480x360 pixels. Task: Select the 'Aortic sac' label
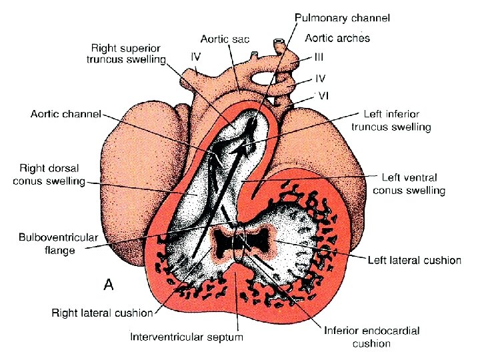point(225,39)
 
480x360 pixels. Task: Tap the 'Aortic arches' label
point(337,38)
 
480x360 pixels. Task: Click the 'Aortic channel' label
point(65,114)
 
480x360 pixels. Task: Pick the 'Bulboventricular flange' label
point(58,244)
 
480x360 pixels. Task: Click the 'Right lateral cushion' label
point(102,312)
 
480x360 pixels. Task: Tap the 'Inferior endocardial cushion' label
point(371,337)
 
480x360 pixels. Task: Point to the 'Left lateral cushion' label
point(414,259)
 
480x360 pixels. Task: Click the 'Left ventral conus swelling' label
point(409,184)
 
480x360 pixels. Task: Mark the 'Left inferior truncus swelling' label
point(397,121)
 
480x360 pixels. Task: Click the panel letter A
point(109,285)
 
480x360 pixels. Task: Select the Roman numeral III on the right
point(320,58)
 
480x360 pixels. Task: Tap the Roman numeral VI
point(322,95)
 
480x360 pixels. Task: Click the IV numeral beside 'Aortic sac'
point(196,57)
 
